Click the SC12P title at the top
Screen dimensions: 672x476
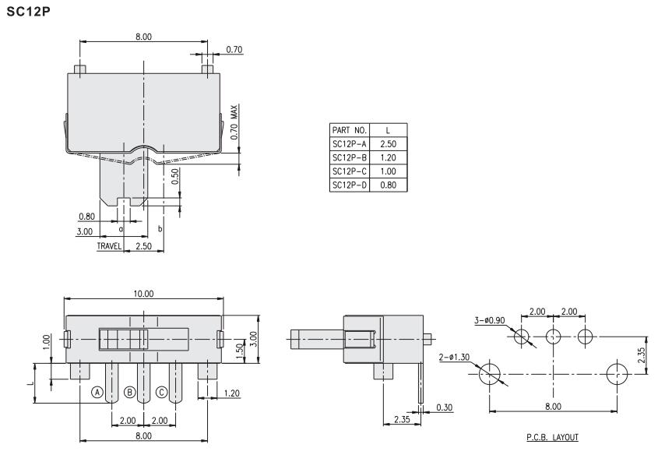click(x=28, y=12)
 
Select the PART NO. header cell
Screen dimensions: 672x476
click(x=350, y=130)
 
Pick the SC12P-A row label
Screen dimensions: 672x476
click(x=350, y=143)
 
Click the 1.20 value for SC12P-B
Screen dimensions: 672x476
click(x=388, y=157)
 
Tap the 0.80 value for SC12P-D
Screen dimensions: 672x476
click(x=388, y=185)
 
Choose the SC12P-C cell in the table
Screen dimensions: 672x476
click(x=350, y=171)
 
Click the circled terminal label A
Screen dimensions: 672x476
click(x=97, y=392)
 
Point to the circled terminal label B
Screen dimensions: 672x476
click(x=129, y=392)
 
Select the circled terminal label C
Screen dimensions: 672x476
click(x=161, y=392)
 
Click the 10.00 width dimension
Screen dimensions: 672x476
click(x=143, y=294)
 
